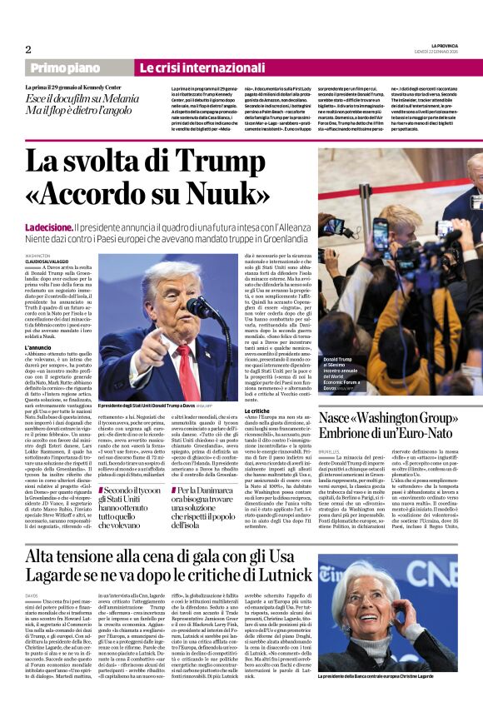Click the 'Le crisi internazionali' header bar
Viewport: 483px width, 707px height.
(x=190, y=67)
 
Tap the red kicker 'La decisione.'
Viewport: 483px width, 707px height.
(x=48, y=227)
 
